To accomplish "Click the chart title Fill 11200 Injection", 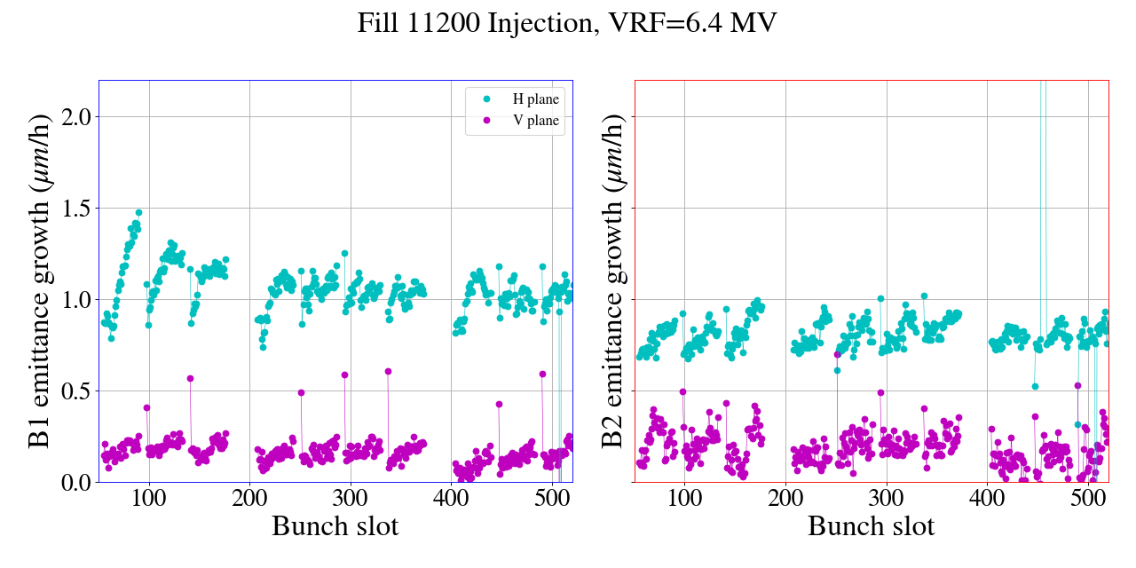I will point(567,23).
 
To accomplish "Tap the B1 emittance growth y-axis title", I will point(41,280).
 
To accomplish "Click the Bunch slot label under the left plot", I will point(335,526).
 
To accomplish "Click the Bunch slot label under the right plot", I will point(871,526).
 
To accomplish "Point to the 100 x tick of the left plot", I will point(149,496).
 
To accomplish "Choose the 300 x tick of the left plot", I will point(351,496).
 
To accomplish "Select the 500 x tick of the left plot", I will point(552,496).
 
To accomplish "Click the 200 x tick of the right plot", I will point(785,496).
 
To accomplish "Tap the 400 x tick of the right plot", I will point(987,496).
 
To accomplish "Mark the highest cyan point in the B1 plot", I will point(138,213).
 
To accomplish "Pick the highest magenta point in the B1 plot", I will point(388,372).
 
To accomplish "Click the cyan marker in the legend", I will point(485,99).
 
